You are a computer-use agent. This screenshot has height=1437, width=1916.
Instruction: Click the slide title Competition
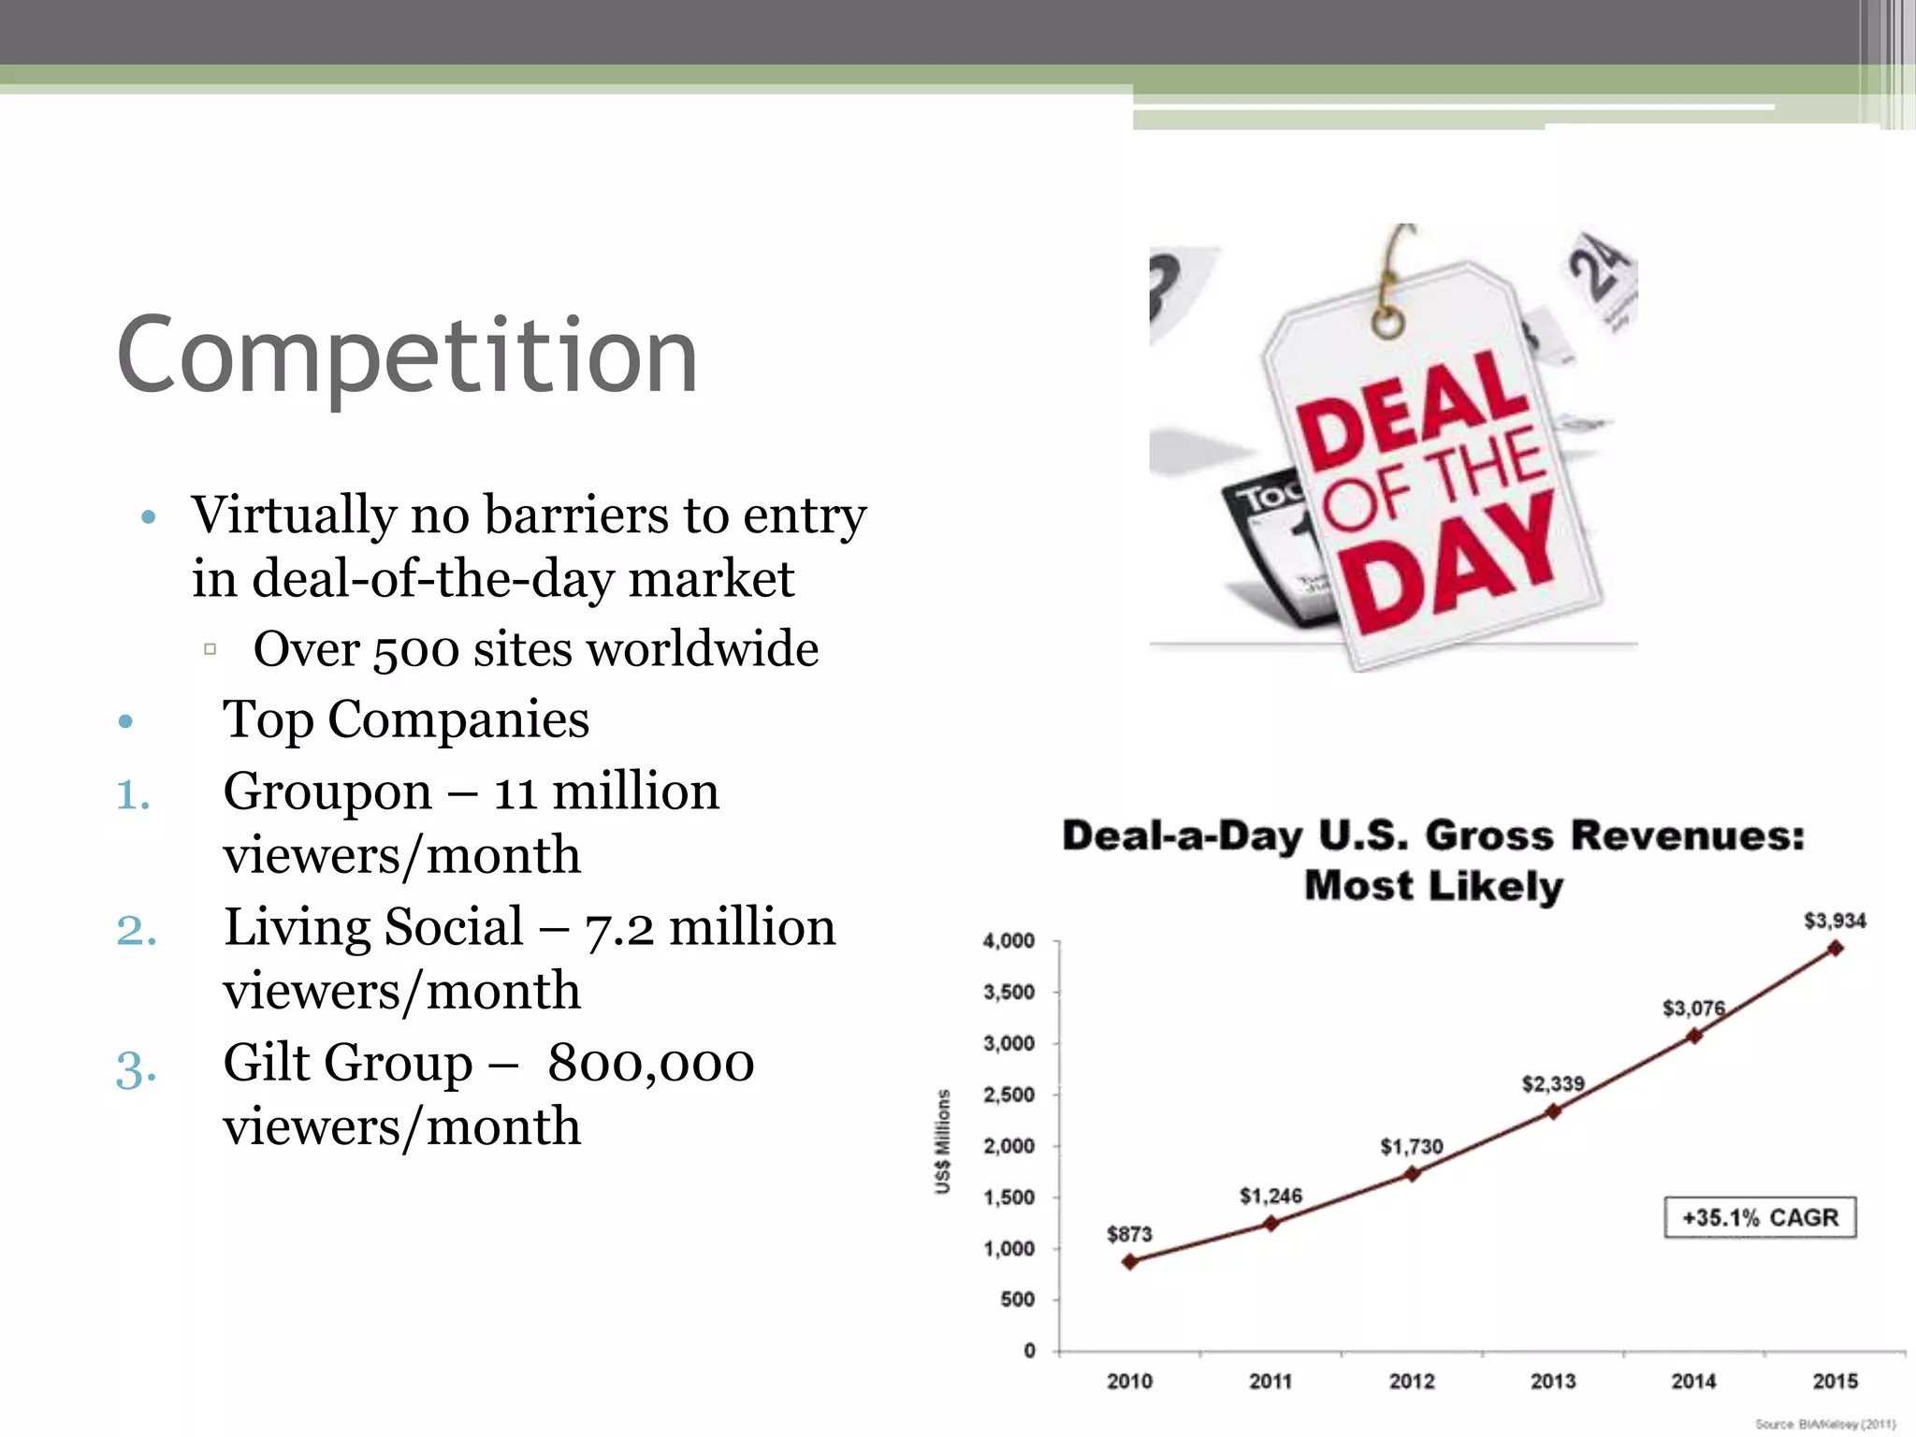click(x=407, y=356)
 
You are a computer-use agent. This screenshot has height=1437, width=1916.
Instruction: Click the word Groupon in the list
click(x=327, y=791)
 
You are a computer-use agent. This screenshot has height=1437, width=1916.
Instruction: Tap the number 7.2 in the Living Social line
click(x=619, y=928)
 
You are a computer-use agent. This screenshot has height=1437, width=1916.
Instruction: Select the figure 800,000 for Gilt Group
click(x=651, y=1064)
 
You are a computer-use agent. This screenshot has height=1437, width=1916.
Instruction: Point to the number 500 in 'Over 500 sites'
click(x=415, y=650)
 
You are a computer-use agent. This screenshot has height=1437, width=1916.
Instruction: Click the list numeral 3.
click(x=136, y=1067)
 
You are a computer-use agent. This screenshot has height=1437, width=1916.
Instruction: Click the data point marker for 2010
click(x=1130, y=1262)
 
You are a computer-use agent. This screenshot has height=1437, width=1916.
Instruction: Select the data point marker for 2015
click(x=1836, y=949)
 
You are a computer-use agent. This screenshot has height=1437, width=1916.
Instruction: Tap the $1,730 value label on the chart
click(x=1412, y=1146)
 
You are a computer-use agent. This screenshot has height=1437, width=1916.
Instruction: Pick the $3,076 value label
click(x=1693, y=1008)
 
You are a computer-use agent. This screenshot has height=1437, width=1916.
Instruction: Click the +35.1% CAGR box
click(x=1760, y=1217)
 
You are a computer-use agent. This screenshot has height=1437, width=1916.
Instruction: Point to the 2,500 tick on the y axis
click(x=1009, y=1095)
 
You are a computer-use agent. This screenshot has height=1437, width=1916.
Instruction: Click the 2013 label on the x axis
click(x=1553, y=1381)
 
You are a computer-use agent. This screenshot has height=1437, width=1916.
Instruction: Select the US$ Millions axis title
click(x=943, y=1141)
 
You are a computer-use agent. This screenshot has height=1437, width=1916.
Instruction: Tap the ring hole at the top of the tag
click(x=1388, y=323)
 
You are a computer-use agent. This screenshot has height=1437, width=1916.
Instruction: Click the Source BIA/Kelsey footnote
click(x=1824, y=1424)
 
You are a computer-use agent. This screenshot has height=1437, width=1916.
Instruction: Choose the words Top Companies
click(x=406, y=719)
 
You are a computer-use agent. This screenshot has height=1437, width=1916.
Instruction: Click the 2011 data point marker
click(x=1270, y=1224)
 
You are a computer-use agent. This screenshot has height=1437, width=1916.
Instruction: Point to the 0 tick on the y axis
click(x=1029, y=1350)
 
